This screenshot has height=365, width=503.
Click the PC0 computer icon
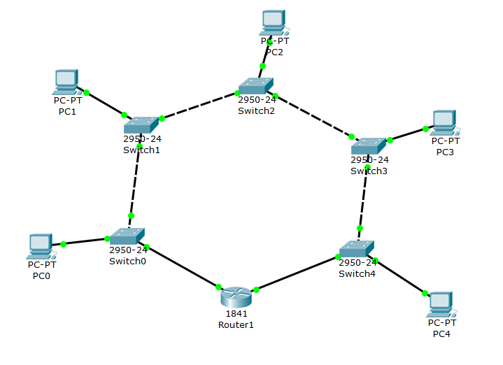pyautogui.click(x=41, y=245)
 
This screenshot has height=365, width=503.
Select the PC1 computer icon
pyautogui.click(x=66, y=82)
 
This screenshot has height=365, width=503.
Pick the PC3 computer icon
pyautogui.click(x=444, y=122)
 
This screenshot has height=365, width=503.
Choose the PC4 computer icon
pyautogui.click(x=440, y=303)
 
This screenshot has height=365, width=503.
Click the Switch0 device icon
pyautogui.click(x=127, y=236)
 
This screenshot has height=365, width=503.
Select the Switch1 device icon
pyautogui.click(x=141, y=124)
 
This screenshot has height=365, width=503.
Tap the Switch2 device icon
pyautogui.click(x=255, y=86)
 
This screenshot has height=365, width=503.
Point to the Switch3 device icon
pyautogui.click(x=369, y=145)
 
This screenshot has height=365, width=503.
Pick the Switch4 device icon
pyautogui.click(x=357, y=249)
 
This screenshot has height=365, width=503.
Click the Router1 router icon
pyautogui.click(x=237, y=296)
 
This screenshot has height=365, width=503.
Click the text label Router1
pyautogui.click(x=236, y=325)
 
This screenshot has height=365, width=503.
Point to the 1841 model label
pyautogui.click(x=236, y=314)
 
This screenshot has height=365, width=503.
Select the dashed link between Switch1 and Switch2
pyautogui.click(x=199, y=106)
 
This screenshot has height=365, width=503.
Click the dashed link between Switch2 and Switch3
pyautogui.click(x=313, y=115)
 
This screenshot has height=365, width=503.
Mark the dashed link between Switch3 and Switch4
pyautogui.click(x=364, y=196)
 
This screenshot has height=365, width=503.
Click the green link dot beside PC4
pyautogui.click(x=425, y=294)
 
